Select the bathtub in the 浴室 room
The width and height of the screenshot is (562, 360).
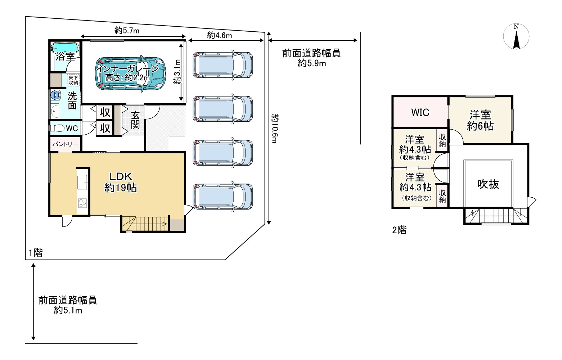click(65, 48)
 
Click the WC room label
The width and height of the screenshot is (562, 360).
click(72, 129)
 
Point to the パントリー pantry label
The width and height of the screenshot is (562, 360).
click(65, 144)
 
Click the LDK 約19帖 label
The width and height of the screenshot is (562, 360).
click(121, 182)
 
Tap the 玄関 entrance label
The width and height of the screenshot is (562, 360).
click(135, 120)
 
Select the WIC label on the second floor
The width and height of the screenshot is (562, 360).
click(420, 112)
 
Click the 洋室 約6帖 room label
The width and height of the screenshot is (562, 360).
click(480, 121)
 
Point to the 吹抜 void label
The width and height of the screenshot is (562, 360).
click(488, 184)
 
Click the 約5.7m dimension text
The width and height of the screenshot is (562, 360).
click(127, 31)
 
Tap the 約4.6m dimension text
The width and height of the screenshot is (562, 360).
click(219, 35)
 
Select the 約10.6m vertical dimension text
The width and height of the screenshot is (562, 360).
click(275, 129)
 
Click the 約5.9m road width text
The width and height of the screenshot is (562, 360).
click(312, 64)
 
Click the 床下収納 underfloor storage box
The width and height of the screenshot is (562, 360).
click(73, 80)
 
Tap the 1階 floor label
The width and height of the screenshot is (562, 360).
click(36, 253)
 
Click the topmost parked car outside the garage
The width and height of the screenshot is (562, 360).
click(222, 65)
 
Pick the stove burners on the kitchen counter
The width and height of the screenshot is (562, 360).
click(82, 203)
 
